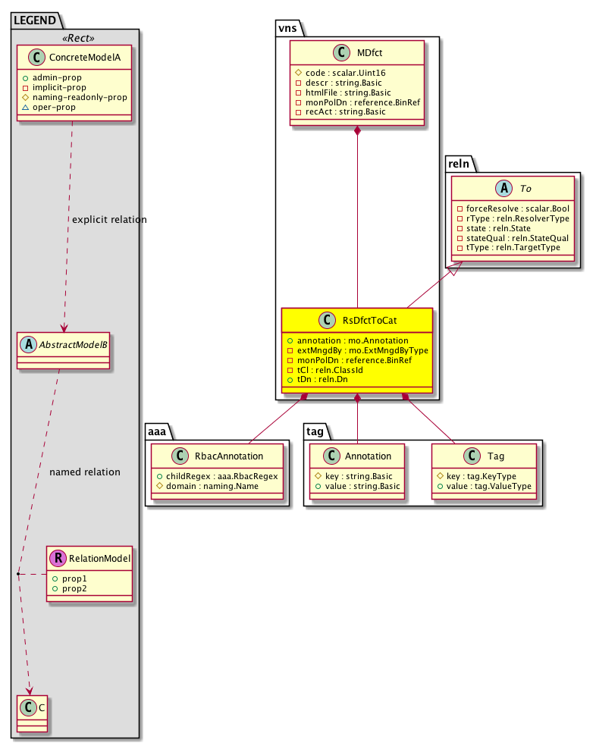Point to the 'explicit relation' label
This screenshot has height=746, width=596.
coord(109,220)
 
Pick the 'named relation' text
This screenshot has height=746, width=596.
coord(85,472)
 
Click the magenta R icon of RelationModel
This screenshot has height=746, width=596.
coord(58,559)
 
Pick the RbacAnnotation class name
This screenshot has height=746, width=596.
coord(227,456)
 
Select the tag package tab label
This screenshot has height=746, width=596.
coord(315,431)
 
